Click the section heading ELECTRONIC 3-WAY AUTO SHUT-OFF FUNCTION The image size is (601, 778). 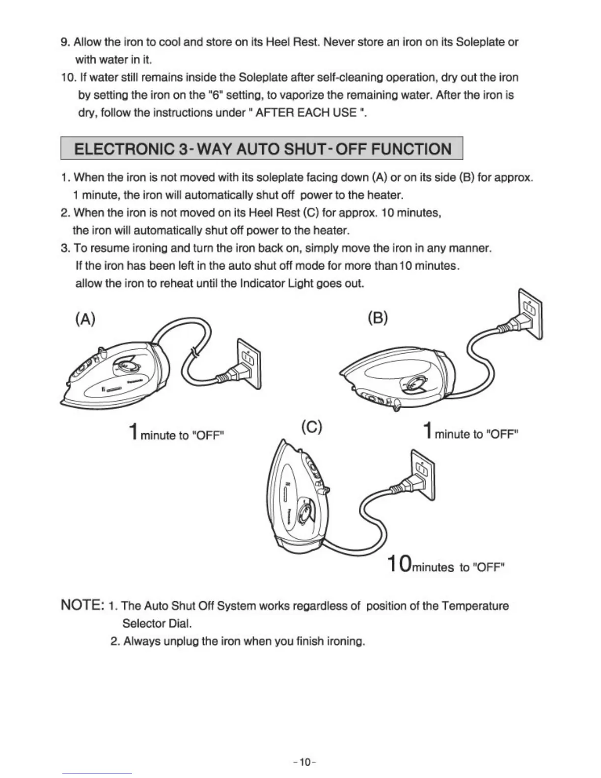click(262, 148)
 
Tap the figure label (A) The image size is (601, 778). click(85, 319)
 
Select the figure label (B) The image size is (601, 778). click(378, 318)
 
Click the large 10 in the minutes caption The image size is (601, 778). click(399, 564)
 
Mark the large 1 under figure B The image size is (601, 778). click(428, 431)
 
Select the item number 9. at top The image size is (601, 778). click(65, 42)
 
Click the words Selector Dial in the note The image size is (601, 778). click(157, 624)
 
